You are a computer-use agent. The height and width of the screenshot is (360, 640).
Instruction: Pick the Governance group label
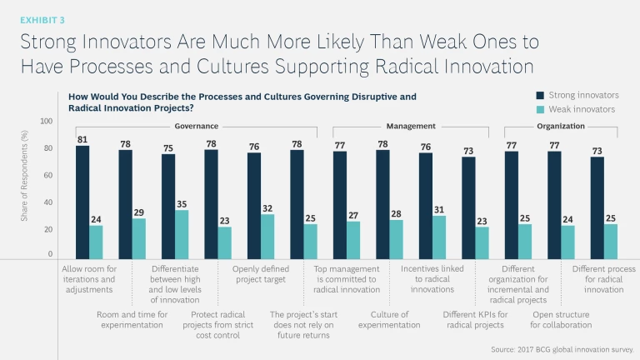click(x=197, y=126)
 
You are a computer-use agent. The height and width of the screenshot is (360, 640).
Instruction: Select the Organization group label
click(x=561, y=126)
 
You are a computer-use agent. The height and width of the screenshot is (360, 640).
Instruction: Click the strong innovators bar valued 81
click(x=82, y=201)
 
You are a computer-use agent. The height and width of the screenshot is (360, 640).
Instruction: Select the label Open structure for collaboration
click(x=561, y=319)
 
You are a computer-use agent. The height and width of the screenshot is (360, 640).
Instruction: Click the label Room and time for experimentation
click(x=132, y=319)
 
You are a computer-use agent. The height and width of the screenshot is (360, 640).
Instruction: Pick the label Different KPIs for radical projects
click(x=472, y=319)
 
